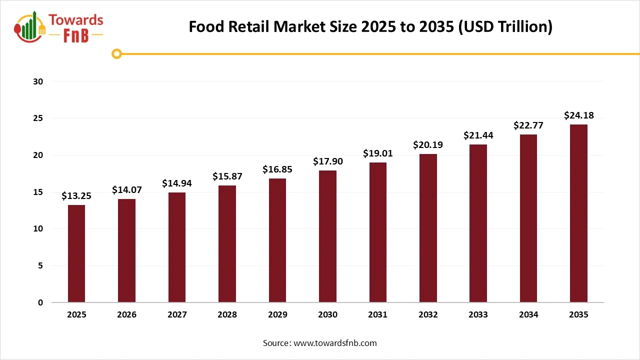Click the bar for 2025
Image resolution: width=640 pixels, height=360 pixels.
point(76,253)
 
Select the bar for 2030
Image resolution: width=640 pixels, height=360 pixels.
point(327,236)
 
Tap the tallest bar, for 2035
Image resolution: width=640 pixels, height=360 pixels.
point(578,213)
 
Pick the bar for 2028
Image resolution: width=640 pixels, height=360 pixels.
point(227,243)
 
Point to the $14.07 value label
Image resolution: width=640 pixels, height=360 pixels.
point(126,189)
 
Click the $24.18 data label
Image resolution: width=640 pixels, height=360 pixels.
point(578,115)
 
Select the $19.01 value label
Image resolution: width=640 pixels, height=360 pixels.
point(378,153)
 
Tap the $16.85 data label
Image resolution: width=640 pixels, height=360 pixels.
point(277,169)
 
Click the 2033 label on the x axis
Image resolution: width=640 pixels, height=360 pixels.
point(478,314)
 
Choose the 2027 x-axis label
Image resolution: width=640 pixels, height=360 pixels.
point(177,314)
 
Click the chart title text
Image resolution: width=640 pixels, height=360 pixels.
point(370,26)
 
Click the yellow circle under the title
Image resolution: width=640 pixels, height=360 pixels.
point(116,53)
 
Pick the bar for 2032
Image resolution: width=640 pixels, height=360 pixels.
point(428,228)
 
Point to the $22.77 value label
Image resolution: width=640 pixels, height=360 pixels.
point(528,125)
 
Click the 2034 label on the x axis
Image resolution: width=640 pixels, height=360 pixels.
point(528,314)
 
